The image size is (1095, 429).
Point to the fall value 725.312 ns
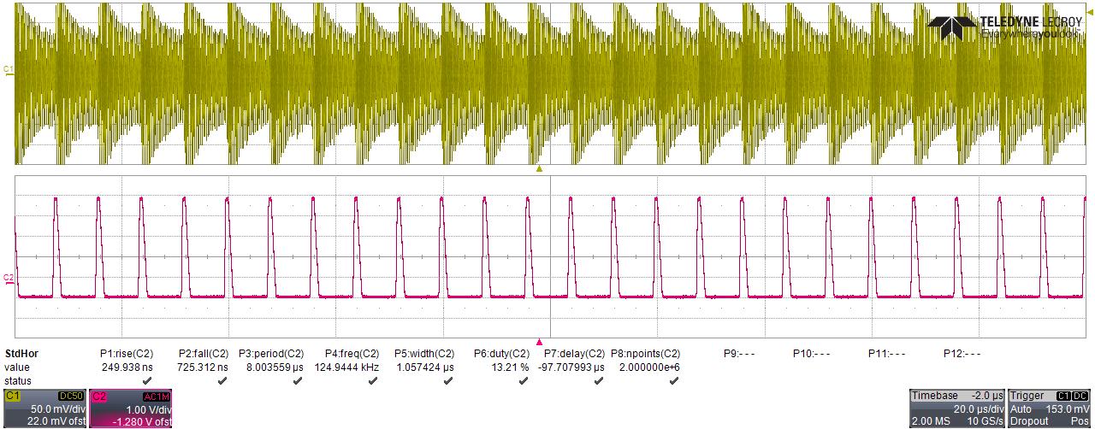point(204,367)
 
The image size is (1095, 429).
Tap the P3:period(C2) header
point(271,353)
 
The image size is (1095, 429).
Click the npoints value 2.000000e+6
point(646,367)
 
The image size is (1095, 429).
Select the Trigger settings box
point(1050,408)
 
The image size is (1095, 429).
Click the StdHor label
point(21,353)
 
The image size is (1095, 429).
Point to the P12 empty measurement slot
point(962,353)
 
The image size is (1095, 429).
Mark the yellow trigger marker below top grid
point(539,169)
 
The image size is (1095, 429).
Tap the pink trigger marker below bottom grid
point(539,341)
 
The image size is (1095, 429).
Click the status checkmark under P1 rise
point(147,381)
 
